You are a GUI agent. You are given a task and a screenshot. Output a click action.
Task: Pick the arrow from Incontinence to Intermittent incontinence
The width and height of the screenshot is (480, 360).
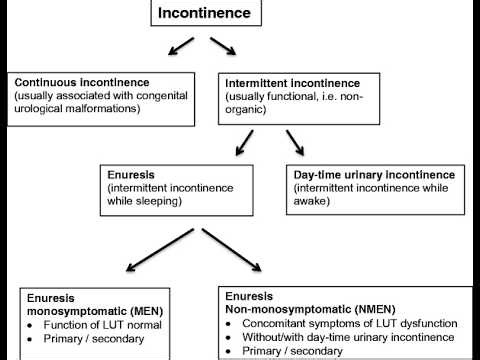(223, 48)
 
